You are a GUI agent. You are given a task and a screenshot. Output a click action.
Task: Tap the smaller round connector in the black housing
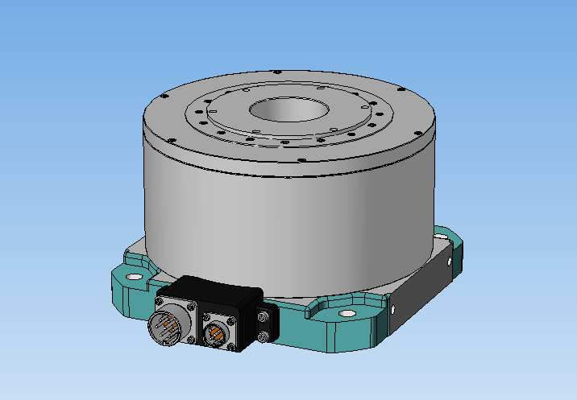[x=217, y=332]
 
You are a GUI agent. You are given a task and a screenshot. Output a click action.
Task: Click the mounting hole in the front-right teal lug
[x=347, y=314]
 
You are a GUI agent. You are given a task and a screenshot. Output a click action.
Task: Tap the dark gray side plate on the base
[x=422, y=286]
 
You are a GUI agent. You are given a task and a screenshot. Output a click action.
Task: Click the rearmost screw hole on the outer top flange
[x=278, y=72]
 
